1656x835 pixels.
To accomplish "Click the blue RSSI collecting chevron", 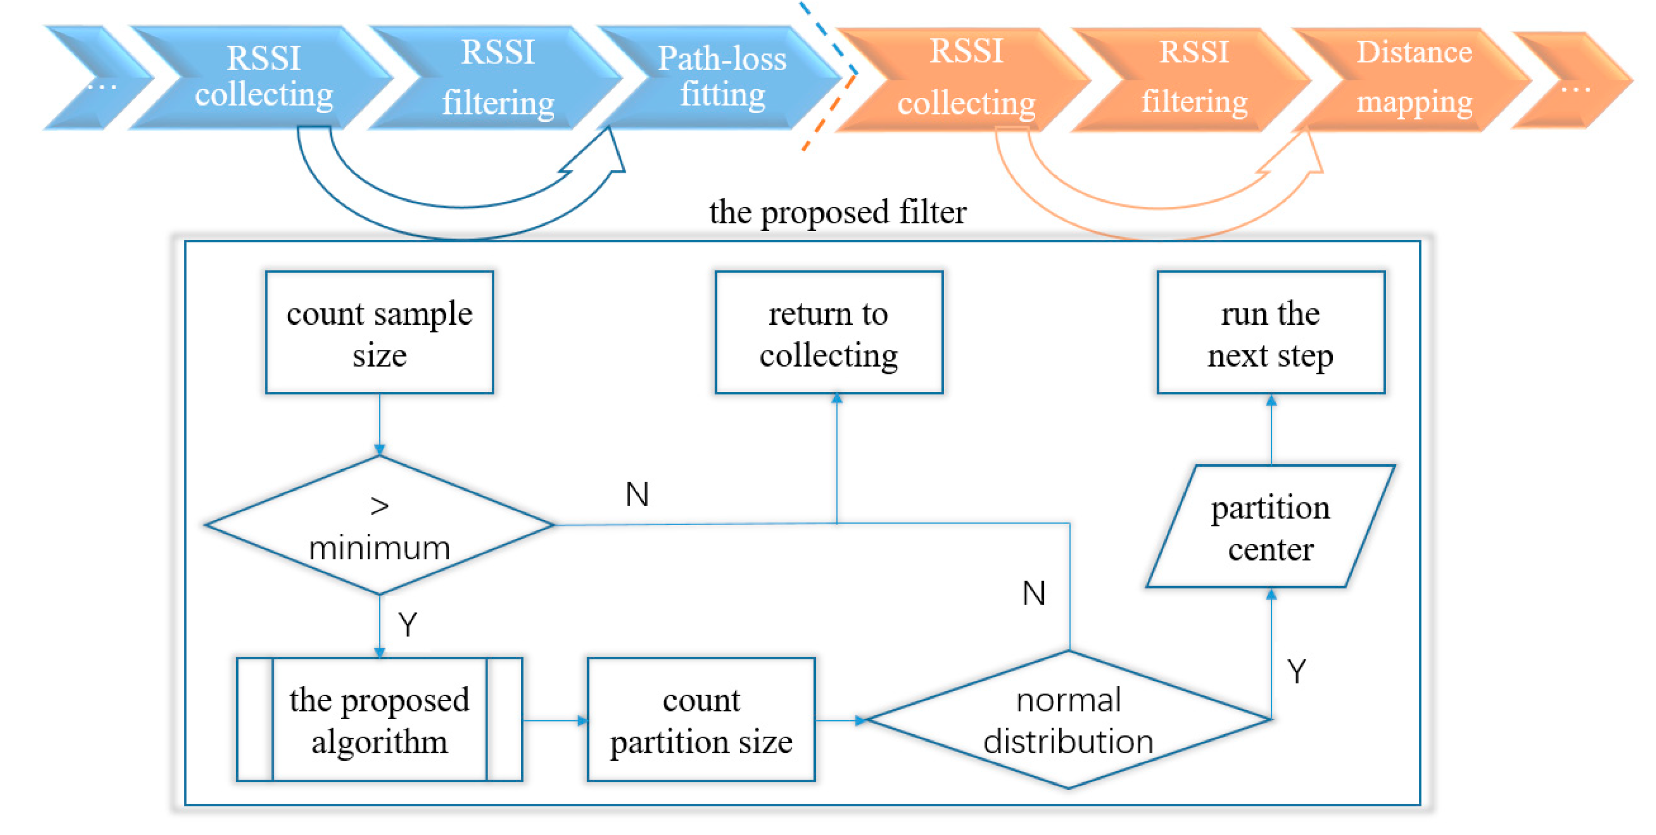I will (264, 77).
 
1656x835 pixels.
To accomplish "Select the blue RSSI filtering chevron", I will (498, 77).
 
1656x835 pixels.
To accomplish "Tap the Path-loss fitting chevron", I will (722, 77).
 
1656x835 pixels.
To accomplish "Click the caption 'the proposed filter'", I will (837, 212).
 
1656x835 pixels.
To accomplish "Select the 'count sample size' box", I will (379, 332).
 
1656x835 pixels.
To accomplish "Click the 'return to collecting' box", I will (829, 332).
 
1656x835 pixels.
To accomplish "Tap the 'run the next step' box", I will (1270, 332).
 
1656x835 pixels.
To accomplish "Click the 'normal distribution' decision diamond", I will (1068, 720).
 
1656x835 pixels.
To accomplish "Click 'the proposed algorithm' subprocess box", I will (379, 720).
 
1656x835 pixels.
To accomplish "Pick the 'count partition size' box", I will (701, 720).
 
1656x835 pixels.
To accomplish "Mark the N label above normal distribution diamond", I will (1034, 593).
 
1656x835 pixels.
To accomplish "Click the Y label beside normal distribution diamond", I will (1296, 672).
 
